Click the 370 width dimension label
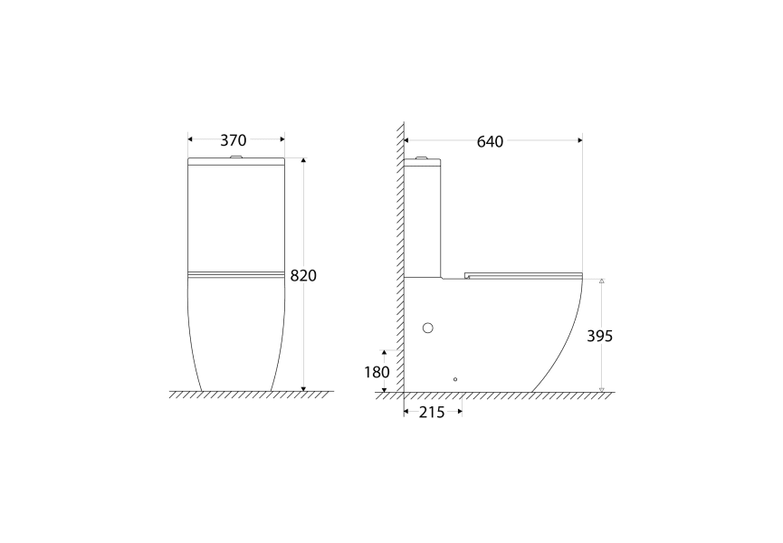click(234, 140)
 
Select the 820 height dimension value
click(303, 275)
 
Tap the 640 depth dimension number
click(490, 141)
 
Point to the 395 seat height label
click(599, 336)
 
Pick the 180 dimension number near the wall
click(377, 372)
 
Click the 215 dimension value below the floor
click(434, 413)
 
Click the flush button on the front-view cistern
click(236, 159)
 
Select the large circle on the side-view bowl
click(429, 328)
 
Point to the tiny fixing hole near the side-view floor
click(455, 379)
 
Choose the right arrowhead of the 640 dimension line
click(578, 140)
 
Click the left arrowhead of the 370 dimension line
click(191, 139)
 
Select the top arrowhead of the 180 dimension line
click(385, 352)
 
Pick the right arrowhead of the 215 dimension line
click(460, 412)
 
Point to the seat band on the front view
click(235, 272)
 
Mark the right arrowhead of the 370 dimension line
click(282, 139)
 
